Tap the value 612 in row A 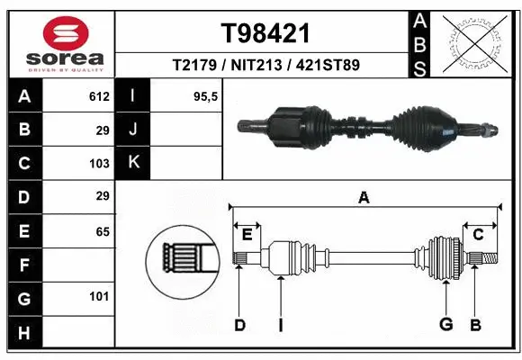tap(99, 96)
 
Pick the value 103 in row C tap(99, 164)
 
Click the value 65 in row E tap(103, 231)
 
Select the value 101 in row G tap(99, 296)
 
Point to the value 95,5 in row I tap(207, 96)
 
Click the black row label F tap(23, 265)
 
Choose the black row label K tap(133, 163)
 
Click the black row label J tap(133, 130)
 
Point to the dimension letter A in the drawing tap(364, 198)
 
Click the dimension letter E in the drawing tap(247, 235)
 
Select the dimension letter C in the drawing tap(478, 235)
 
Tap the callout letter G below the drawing tap(445, 325)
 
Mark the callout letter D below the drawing tap(239, 325)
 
